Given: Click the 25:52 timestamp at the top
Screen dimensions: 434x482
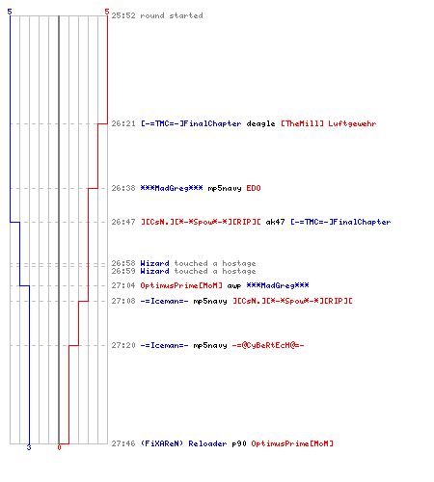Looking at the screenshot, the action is pos(123,15).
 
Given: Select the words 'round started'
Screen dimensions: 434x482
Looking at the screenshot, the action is pos(172,15).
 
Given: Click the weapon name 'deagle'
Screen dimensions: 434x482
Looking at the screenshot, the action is pos(260,124).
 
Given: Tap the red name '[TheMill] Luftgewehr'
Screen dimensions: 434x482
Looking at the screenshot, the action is pos(329,123).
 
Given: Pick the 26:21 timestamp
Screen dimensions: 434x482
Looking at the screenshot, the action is pos(123,123).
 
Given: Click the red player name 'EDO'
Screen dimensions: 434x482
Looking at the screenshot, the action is pos(254,188).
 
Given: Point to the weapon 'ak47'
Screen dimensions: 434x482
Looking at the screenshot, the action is pos(275,222).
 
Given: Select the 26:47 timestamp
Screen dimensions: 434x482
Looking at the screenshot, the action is pos(123,222).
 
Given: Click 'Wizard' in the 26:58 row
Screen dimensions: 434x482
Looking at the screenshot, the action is pos(154,263).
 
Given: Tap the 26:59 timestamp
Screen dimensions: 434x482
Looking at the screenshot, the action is pos(123,271).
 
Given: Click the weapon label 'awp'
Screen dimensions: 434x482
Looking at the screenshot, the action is pos(234,286).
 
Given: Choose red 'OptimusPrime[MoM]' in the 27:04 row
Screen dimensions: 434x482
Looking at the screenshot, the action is pos(181,285).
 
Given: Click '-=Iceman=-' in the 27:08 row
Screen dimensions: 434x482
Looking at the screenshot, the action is pos(164,301).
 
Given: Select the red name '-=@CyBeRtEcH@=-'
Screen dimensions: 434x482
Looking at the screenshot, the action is pos(268,345).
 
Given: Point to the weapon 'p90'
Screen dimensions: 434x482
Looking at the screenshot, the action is pos(239,444).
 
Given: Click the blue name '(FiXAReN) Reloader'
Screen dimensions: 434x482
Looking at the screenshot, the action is pos(183,443).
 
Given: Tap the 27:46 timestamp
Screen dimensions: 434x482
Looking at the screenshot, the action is pos(123,443).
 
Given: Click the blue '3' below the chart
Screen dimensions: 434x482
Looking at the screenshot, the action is pos(29,447).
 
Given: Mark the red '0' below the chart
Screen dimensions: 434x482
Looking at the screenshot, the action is pos(59,447).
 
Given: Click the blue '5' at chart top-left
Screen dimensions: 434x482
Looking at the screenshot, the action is pos(10,12).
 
